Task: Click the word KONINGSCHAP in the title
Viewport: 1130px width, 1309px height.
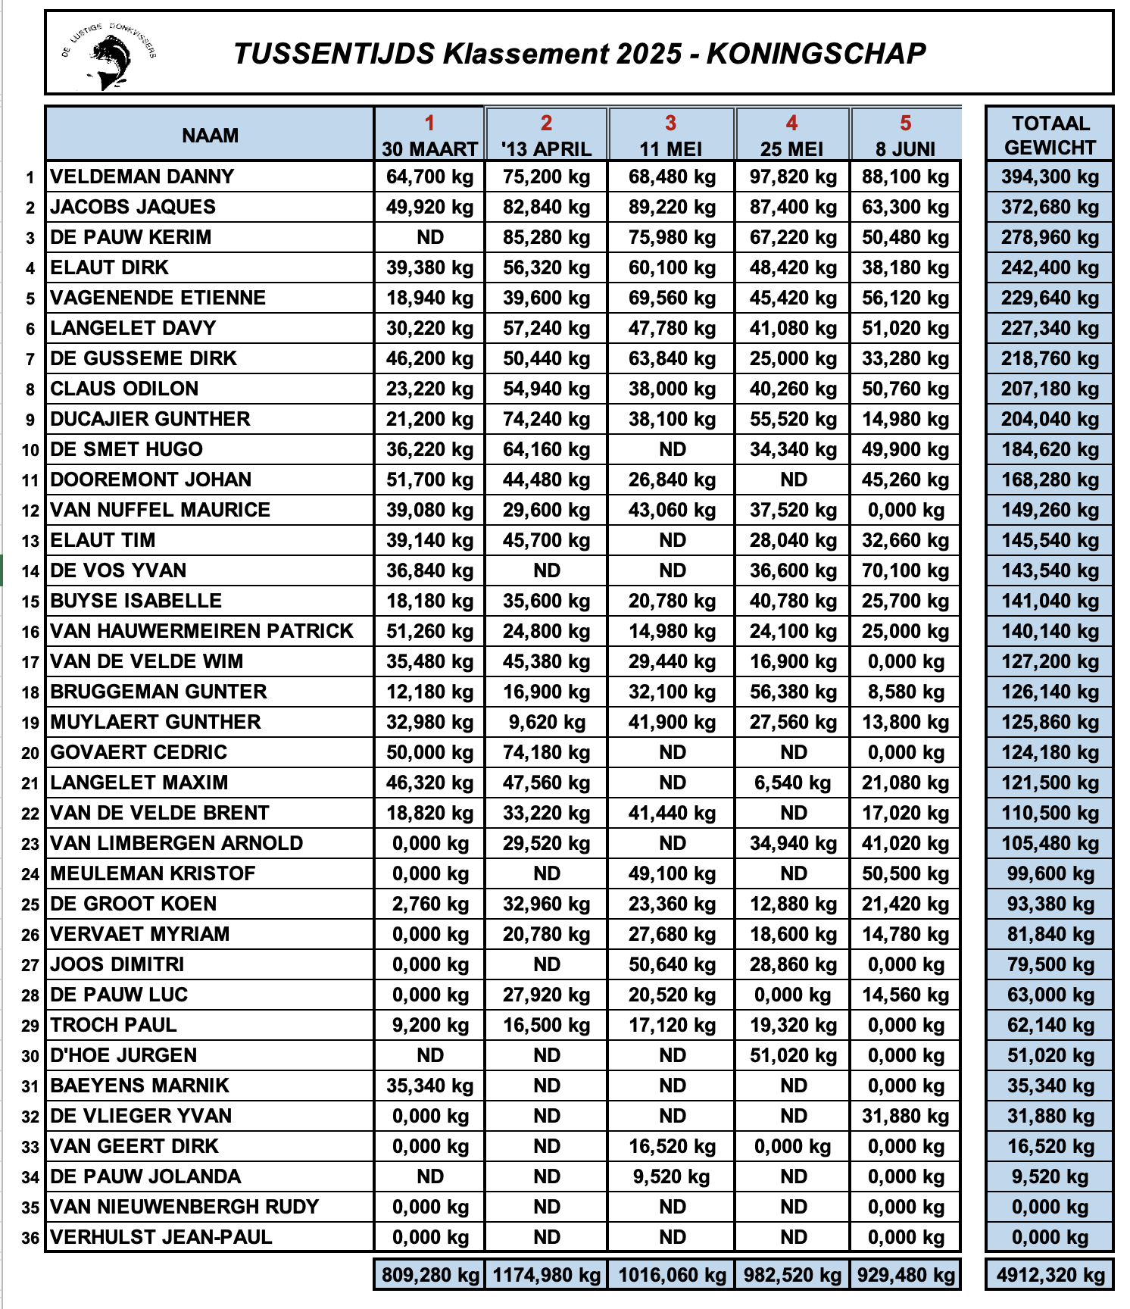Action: click(x=816, y=54)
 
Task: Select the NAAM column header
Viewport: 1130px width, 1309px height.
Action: click(x=210, y=136)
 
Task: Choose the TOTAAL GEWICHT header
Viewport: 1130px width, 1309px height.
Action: click(x=1050, y=135)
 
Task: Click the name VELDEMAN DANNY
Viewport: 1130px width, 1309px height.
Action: click(x=142, y=177)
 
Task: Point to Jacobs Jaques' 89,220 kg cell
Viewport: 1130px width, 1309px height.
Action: click(x=672, y=207)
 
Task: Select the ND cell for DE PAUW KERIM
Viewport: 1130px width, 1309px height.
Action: click(x=430, y=237)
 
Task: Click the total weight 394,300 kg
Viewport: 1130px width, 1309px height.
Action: click(x=1050, y=177)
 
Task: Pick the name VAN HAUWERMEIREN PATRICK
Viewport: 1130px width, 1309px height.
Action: click(x=201, y=631)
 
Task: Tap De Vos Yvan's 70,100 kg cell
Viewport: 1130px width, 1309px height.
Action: click(x=905, y=570)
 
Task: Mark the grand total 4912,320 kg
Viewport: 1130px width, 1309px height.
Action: click(x=1050, y=1275)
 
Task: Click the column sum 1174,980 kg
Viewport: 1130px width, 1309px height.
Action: click(x=546, y=1275)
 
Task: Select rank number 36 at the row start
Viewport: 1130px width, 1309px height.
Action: click(x=30, y=1238)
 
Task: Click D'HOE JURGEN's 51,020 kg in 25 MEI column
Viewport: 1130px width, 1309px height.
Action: click(x=793, y=1055)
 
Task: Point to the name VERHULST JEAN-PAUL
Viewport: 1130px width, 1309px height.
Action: click(x=161, y=1237)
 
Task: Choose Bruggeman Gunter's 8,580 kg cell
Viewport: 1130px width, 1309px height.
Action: click(x=905, y=692)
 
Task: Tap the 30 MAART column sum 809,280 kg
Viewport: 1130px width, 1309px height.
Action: click(x=430, y=1275)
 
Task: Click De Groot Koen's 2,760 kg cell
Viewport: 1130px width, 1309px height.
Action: click(x=430, y=904)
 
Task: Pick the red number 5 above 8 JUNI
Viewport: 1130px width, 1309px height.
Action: click(x=905, y=123)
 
